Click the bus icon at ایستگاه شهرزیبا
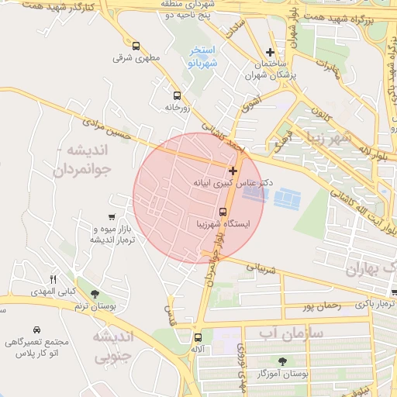pyautogui.click(x=223, y=212)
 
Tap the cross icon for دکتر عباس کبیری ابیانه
pyautogui.click(x=232, y=170)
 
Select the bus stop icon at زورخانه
pyautogui.click(x=177, y=96)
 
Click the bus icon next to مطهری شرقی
pyautogui.click(x=136, y=46)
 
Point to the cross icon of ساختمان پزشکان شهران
pyautogui.click(x=270, y=52)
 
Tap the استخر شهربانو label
pyautogui.click(x=202, y=57)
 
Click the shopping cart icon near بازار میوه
pyautogui.click(x=112, y=217)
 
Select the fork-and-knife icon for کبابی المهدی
pyautogui.click(x=53, y=279)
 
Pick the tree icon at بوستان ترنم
pyautogui.click(x=95, y=295)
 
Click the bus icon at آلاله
pyautogui.click(x=198, y=337)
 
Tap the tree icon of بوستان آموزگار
pyautogui.click(x=281, y=361)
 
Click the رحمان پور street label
pyautogui.click(x=322, y=306)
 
